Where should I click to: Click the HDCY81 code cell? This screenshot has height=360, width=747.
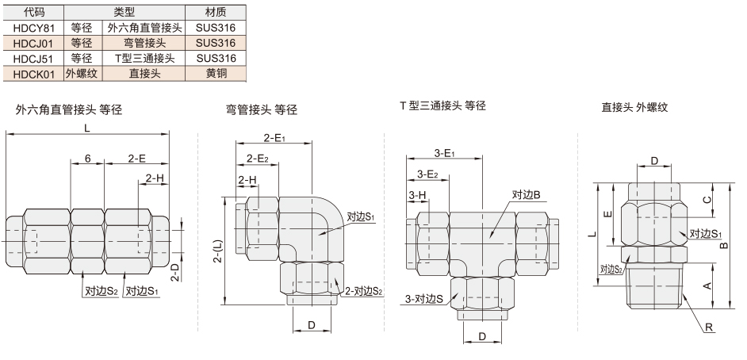point(34,28)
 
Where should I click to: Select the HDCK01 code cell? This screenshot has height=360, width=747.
point(34,73)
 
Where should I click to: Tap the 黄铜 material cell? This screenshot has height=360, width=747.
point(216,73)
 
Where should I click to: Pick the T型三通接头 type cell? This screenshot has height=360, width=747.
point(145,58)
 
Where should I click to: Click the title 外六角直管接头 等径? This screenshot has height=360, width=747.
point(69,110)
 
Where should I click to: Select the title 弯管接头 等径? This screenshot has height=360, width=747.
point(262,110)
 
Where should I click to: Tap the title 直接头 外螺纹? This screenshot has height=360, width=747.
point(634,107)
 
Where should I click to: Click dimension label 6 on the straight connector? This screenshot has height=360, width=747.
point(88,159)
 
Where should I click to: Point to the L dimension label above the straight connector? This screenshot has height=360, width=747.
point(86,128)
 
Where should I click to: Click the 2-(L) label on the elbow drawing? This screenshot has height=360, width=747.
point(216,251)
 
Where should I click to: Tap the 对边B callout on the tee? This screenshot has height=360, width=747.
point(526,194)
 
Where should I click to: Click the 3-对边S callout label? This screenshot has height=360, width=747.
point(424,299)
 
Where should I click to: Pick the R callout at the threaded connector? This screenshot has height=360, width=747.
point(709,327)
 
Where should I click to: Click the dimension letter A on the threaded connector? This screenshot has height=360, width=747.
point(708,285)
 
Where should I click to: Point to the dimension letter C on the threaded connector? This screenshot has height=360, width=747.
point(708,200)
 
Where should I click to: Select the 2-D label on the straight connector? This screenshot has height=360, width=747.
point(175,274)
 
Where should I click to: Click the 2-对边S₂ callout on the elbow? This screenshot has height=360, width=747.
point(364,290)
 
